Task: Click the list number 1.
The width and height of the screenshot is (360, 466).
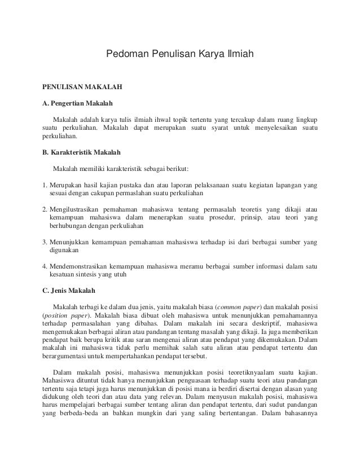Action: (x=45, y=185)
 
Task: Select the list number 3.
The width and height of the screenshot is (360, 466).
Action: (x=45, y=243)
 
